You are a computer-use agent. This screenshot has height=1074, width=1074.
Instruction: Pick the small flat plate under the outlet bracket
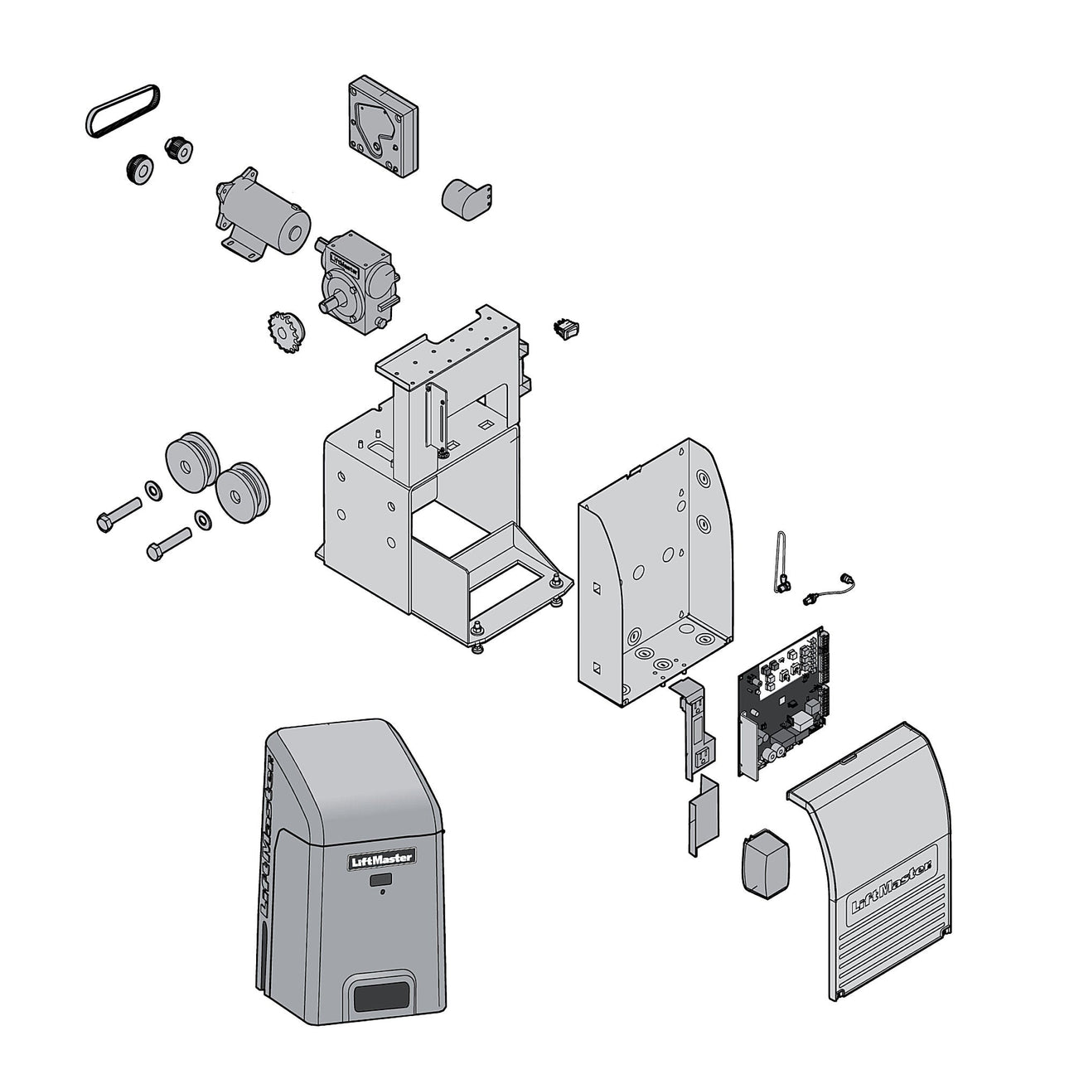coord(699,821)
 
